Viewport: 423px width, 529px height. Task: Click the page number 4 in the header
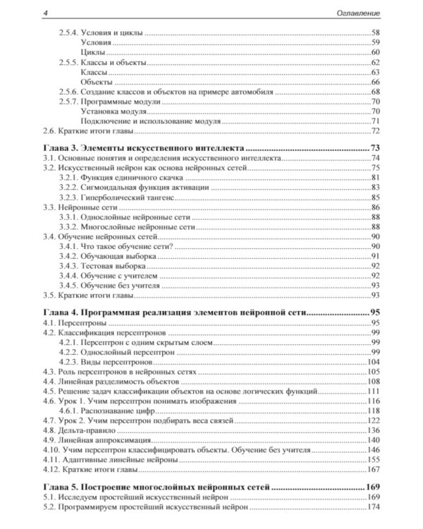[x=44, y=13]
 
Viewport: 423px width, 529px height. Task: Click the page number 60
[x=375, y=53]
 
